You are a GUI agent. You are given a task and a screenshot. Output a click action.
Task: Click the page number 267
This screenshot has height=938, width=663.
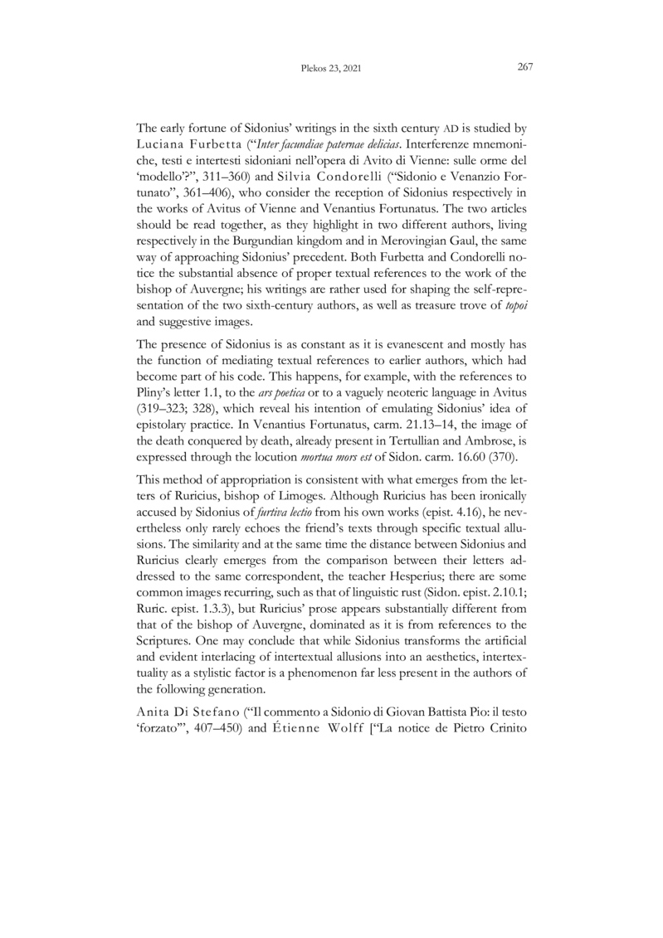524,68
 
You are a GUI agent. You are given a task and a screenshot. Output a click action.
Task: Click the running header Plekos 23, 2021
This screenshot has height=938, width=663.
330,69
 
